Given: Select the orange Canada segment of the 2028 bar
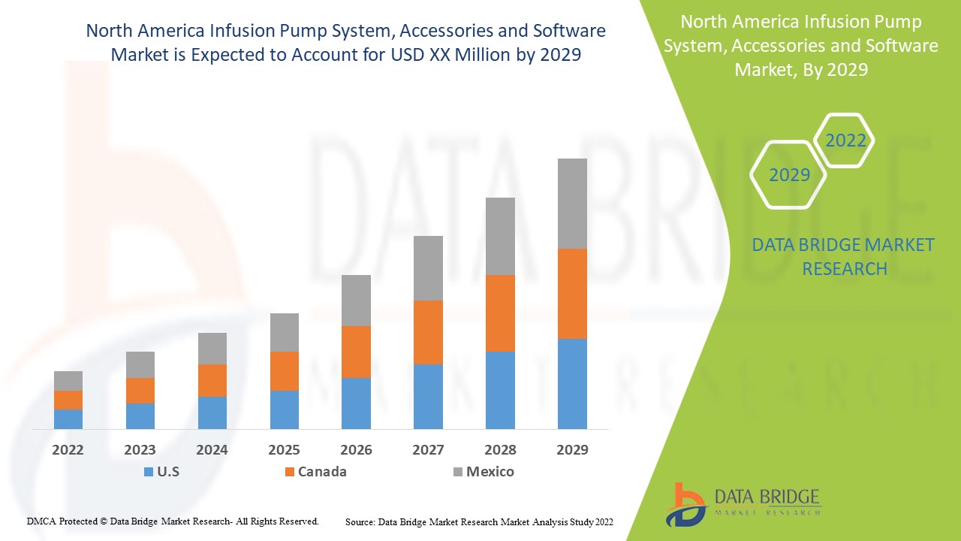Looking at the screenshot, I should (500, 313).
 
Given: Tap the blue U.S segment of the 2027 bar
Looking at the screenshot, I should (428, 396).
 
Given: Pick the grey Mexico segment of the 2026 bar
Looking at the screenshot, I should (356, 300).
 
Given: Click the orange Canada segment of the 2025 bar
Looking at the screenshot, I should (284, 370).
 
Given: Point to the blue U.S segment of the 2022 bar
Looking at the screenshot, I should (68, 419).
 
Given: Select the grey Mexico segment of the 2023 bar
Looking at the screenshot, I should (140, 364).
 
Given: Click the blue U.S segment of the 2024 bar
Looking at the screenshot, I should (212, 413).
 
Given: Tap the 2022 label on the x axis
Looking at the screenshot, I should (68, 450).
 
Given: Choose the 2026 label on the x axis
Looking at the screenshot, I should (356, 450).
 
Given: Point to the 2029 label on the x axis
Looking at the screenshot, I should (572, 450).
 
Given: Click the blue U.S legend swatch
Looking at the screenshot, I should (147, 473).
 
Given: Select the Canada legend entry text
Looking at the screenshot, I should (322, 472).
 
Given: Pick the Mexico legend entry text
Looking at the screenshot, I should (490, 472).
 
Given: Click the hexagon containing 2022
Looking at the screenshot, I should (845, 141).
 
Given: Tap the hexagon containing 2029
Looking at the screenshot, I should (788, 175).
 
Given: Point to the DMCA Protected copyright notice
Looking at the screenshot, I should (173, 521).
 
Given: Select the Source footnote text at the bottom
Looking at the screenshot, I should (479, 521).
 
